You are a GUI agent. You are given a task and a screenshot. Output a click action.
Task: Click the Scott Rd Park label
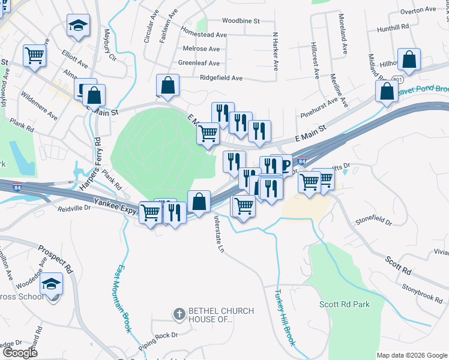click(x=345, y=304)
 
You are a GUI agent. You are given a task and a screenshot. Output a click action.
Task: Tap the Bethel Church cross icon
click(x=178, y=313)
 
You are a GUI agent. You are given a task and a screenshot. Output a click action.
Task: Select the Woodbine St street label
click(x=240, y=20)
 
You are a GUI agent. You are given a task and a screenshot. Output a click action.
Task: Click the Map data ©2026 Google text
click(x=411, y=355)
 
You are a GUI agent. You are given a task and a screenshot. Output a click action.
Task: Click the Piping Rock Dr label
click(x=158, y=335)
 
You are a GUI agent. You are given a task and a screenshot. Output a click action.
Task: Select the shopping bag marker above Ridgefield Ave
click(x=167, y=86)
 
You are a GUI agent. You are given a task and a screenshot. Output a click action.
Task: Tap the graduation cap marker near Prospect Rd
click(x=52, y=283)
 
